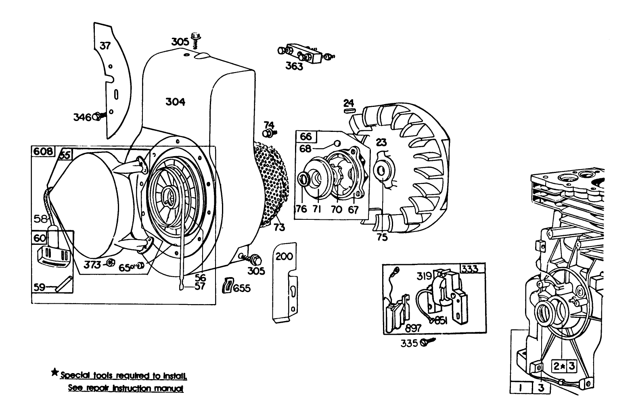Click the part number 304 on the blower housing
point(175,102)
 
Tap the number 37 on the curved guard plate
point(105,46)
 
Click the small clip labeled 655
point(228,285)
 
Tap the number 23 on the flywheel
point(381,142)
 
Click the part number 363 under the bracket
point(294,66)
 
